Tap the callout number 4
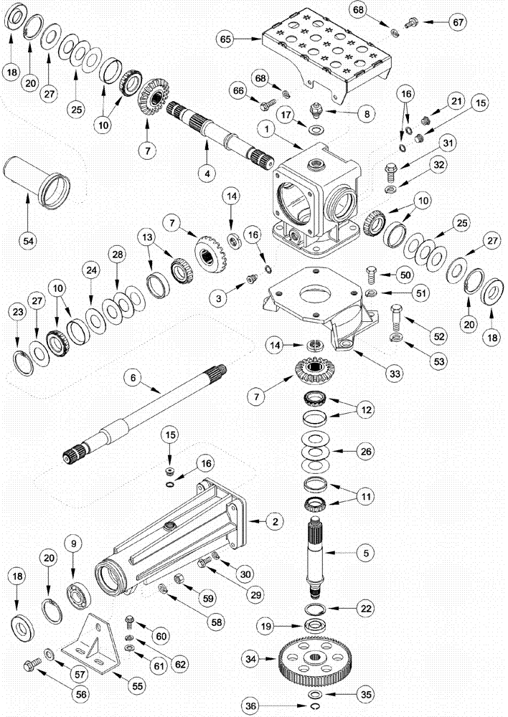coord(206,173)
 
